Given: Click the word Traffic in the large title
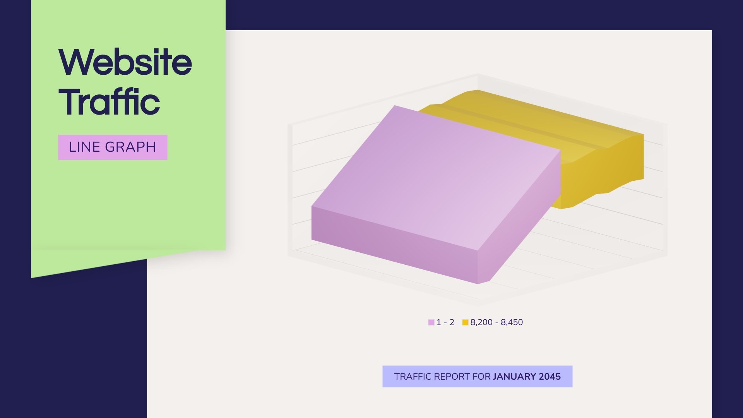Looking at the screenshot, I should point(109,102).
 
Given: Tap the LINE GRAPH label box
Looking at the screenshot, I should point(113,147).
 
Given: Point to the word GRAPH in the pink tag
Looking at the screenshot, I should point(130,147).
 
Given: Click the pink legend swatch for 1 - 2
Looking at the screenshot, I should point(431,322).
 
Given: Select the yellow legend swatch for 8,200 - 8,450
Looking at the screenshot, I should point(465,322).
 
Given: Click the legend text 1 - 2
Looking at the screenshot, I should point(445,322).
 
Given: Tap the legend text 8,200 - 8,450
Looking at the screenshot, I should point(496,322).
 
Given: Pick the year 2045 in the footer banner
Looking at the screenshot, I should point(550,377).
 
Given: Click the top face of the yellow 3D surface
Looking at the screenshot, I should point(542,120).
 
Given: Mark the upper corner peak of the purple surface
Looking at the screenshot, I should point(395,106).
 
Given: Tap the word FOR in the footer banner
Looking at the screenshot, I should point(481,377).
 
